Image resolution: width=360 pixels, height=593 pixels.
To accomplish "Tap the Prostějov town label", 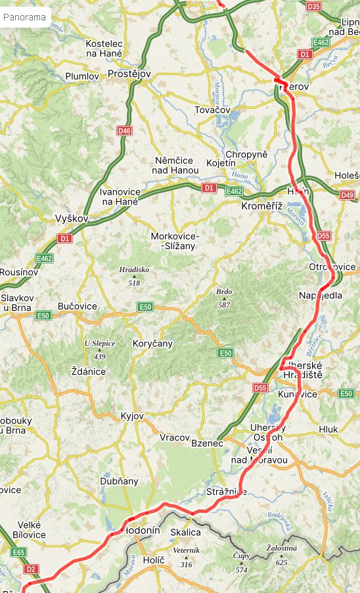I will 129,74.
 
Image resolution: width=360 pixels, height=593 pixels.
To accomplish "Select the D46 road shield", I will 124,131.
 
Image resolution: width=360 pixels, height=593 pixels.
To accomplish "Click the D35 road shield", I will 314,7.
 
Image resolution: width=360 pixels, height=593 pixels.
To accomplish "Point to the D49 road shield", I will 348,195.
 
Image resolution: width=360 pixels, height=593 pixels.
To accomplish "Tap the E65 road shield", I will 18,553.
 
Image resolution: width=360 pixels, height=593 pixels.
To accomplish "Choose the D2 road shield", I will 31,569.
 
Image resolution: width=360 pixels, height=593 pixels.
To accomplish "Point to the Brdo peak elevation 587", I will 224,305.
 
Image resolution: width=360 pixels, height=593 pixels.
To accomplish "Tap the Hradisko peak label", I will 134,270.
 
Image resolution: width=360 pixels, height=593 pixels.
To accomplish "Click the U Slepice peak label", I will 100,343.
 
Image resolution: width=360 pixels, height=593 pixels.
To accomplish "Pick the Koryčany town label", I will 152,343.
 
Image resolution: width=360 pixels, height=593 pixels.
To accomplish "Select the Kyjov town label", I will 132,416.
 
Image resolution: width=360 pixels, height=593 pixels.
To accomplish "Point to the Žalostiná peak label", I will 281,548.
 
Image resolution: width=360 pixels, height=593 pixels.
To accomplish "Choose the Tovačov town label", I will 214,110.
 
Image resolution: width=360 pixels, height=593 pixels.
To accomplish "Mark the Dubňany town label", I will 119,481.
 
